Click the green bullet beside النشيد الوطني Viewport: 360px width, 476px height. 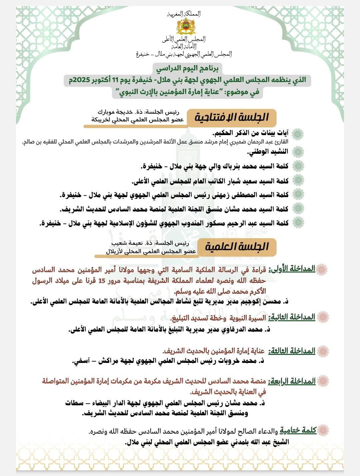click(x=298, y=151)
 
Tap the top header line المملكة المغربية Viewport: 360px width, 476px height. click(x=184, y=14)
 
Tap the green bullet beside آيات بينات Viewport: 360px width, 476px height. click(x=298, y=134)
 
